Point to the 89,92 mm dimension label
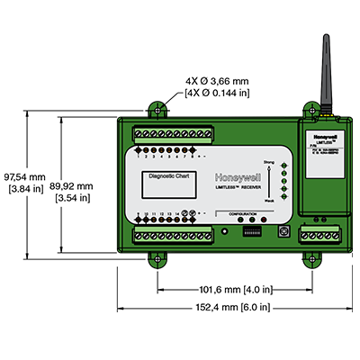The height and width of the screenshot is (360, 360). (x=74, y=191)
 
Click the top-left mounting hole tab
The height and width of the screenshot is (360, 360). (x=157, y=109)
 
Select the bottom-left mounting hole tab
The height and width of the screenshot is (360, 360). (x=157, y=259)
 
